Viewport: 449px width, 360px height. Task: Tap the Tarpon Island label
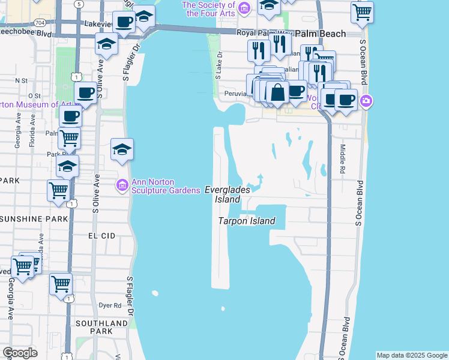click(x=246, y=221)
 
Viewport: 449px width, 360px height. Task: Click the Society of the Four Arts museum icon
click(x=244, y=8)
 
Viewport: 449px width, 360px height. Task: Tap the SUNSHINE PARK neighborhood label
click(x=34, y=219)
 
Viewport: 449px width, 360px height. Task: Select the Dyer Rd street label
click(x=109, y=305)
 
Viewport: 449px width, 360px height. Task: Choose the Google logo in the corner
click(x=20, y=353)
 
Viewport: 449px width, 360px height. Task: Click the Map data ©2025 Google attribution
click(x=412, y=355)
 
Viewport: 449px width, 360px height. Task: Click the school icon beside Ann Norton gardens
click(x=122, y=150)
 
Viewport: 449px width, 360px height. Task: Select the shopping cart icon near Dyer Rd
click(x=61, y=283)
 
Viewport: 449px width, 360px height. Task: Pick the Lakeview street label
click(x=99, y=24)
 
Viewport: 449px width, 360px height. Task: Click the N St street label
click(x=22, y=80)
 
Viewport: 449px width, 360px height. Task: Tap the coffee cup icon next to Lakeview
click(x=124, y=23)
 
